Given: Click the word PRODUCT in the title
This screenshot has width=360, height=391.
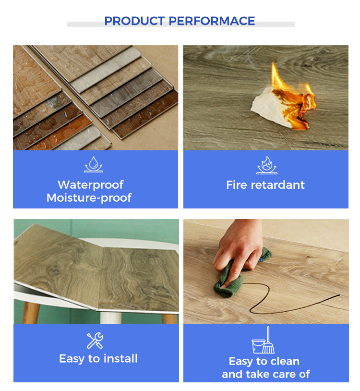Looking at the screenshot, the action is pos(134,21).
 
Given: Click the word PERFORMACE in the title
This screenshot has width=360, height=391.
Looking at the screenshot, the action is pos(212,21).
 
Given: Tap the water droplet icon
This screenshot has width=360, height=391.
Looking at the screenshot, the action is pos(94,164).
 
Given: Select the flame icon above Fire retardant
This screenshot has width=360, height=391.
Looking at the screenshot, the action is pos(266,165).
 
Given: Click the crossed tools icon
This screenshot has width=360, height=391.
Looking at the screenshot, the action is pos(95,341).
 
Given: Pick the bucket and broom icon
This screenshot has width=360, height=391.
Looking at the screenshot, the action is pos(263,340).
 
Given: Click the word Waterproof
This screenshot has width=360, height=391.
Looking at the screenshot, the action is pos(91,185).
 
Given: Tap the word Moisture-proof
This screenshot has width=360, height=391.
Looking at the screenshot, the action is pos(89,198).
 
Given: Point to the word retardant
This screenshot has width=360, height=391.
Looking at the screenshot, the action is pos(277,185).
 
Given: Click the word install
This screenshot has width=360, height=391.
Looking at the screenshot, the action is pos(120,359).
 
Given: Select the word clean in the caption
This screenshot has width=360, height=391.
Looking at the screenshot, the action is pos(285,361).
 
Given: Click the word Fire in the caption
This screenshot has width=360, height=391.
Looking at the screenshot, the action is pos(237,185).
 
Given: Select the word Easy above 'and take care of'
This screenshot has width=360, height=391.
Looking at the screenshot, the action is pos(240,362).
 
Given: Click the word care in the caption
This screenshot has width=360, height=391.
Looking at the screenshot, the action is pos(283,374).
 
